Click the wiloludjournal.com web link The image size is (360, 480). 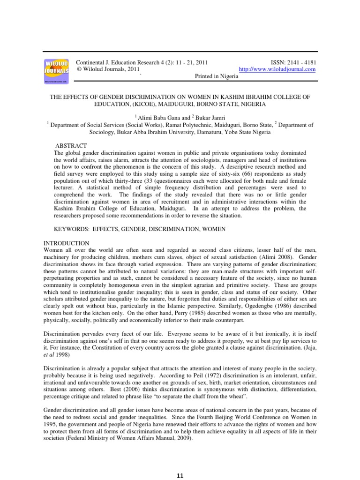click(x=277, y=69)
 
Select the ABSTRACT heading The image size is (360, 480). click(x=71, y=146)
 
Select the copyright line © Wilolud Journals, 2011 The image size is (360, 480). click(x=108, y=69)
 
